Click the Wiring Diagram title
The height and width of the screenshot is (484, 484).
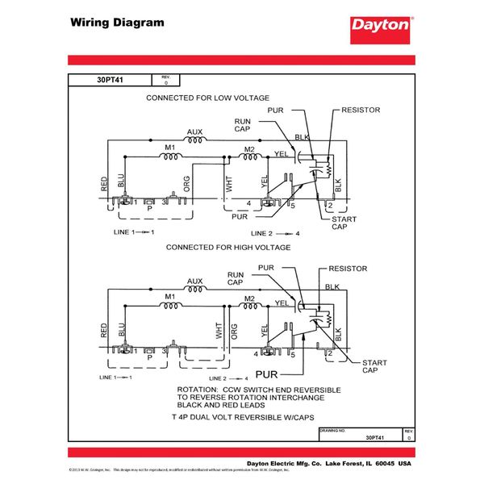coord(116,22)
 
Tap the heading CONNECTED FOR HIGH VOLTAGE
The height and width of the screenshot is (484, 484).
coord(222,248)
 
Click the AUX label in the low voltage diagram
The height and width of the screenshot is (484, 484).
coord(194,131)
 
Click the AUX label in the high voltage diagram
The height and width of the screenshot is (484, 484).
coord(194,282)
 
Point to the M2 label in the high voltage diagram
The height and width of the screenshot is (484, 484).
coord(249,298)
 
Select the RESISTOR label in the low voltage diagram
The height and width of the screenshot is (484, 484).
coord(361,110)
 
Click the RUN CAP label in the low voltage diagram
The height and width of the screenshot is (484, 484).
coord(243,124)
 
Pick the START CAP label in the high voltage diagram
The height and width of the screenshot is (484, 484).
coord(373,367)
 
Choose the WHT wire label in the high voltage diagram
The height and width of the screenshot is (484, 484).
coord(218,332)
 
